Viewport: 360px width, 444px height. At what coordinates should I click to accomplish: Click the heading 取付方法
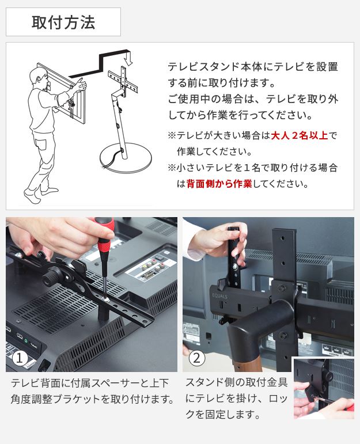pos(63,22)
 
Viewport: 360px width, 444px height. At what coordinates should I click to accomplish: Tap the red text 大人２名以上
pos(300,136)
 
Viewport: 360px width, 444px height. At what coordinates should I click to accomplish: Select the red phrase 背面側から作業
pos(219,184)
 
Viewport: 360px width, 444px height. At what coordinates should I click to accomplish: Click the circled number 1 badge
pos(20,358)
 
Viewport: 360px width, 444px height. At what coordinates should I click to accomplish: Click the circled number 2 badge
pos(196,358)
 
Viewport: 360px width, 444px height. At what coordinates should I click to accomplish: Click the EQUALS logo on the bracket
pos(220,296)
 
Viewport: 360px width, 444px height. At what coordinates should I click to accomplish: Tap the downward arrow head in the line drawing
pos(129,60)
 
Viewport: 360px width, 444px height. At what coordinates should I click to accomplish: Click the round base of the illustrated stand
pos(126,157)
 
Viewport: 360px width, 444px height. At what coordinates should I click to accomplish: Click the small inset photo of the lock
pos(323,388)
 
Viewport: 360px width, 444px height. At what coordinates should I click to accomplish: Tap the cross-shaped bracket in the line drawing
pos(123,80)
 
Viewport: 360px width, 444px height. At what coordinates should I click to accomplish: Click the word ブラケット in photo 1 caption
pos(77,400)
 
